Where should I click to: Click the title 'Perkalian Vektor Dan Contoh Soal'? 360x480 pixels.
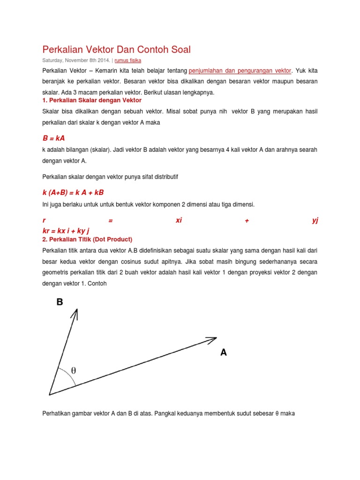117,50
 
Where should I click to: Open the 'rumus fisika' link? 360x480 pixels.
128,60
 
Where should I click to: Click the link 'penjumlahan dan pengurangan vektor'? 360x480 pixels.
240,71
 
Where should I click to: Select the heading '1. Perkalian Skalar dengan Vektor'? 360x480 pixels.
92,100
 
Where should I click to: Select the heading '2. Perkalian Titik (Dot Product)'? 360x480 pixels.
88,239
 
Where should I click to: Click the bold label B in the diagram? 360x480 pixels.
60,302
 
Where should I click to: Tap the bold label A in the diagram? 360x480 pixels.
224,352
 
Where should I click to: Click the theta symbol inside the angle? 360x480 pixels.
74,371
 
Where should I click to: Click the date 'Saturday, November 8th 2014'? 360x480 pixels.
76,60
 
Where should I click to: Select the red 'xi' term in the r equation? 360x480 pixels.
179,221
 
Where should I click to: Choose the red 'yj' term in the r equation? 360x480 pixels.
315,221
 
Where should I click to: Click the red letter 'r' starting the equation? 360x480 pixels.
44,221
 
